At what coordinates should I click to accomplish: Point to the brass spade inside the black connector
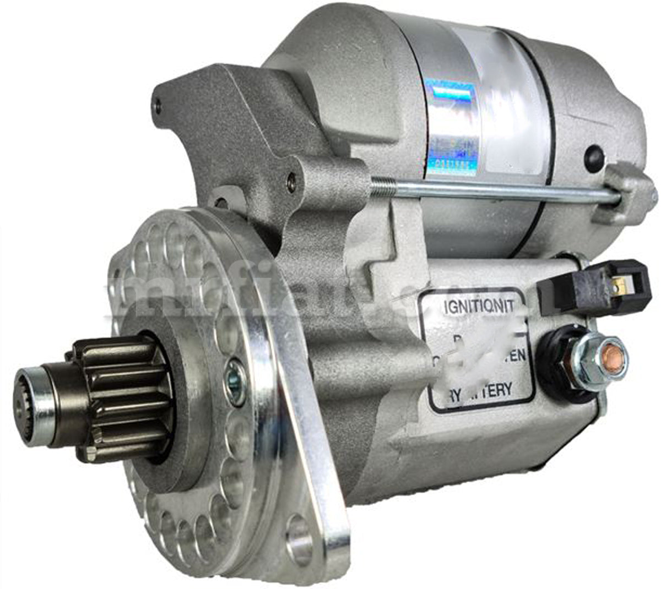click(x=622, y=285)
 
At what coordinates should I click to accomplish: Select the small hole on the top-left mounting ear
click(x=159, y=102)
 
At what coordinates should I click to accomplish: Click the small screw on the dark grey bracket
click(x=291, y=182)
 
